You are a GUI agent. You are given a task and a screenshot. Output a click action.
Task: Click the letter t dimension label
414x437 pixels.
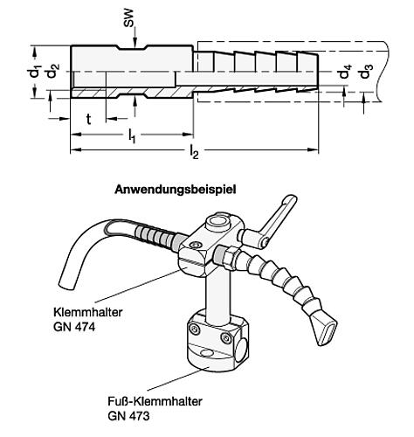(x=88, y=116)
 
